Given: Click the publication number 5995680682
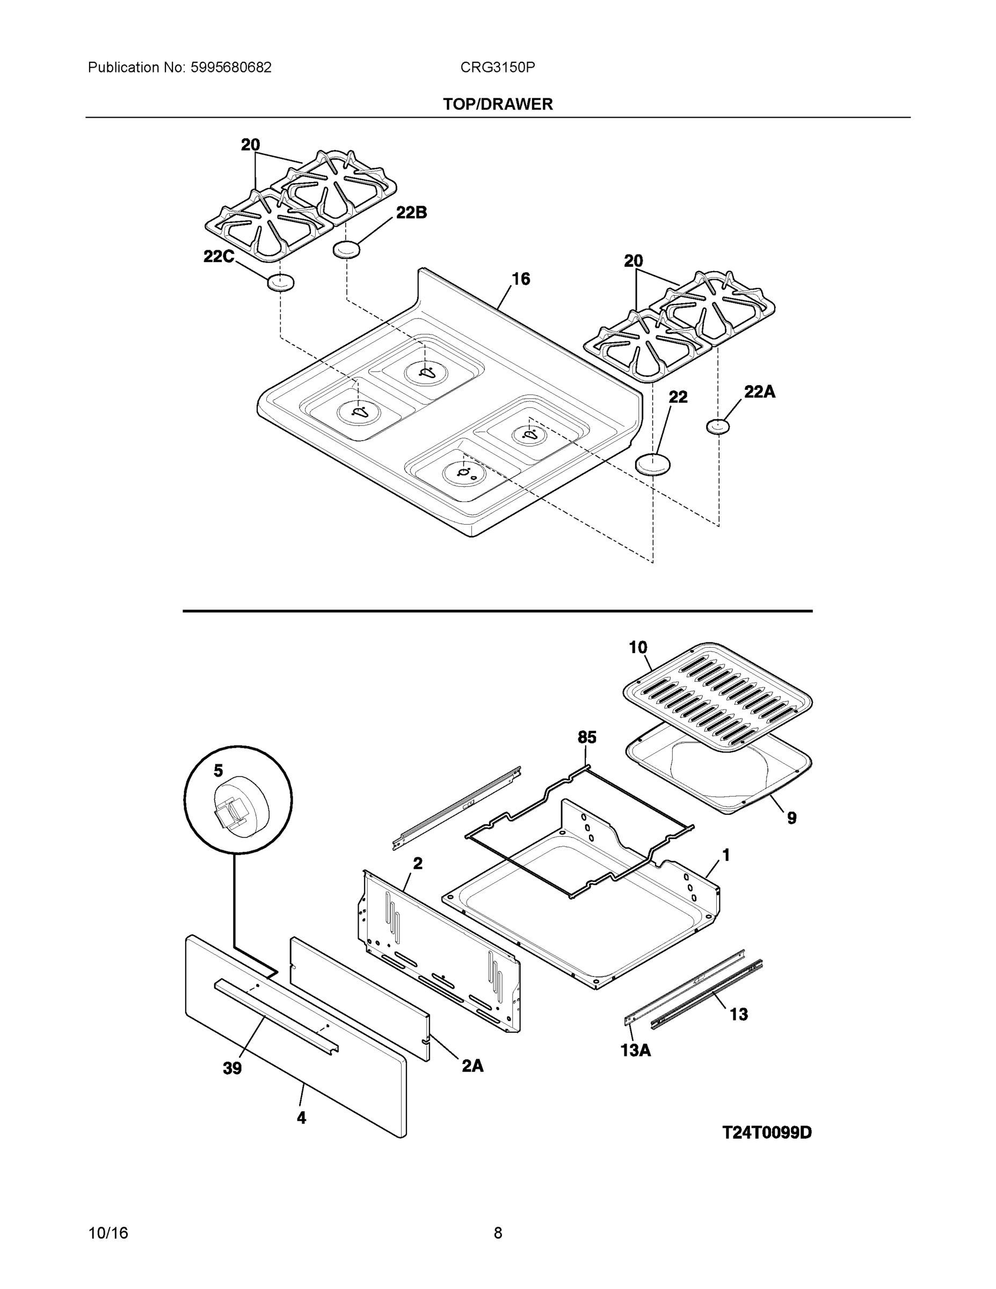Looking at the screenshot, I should coord(231,67).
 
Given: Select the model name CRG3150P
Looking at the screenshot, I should coord(497,67).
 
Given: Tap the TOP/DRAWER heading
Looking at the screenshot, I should coord(497,105).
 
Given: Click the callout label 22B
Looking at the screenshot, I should coord(411,213).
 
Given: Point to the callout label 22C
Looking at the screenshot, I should coord(219,257).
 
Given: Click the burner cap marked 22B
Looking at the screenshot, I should coord(346,250).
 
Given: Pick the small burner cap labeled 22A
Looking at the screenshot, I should coord(717,425).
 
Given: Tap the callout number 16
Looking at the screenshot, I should coord(520,279).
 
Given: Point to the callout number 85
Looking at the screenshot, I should coord(586,737).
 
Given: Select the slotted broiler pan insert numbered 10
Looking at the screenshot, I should coord(718,698).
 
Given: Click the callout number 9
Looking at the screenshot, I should coord(791,817).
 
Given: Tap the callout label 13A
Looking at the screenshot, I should coord(636,1050).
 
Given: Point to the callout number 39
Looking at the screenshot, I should coord(232,1068).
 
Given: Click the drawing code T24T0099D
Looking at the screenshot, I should coord(767,1133).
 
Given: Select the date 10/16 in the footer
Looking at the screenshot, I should coord(108,1233).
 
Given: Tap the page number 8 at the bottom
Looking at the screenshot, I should coord(497,1233).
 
